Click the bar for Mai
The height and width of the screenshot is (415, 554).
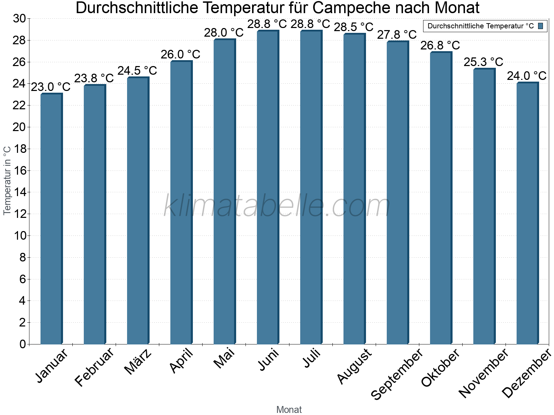coord(224,192)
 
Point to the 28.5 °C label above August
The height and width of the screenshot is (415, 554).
coord(354,27)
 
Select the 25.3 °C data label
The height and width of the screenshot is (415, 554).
coord(483,62)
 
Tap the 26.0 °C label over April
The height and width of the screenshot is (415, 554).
coord(180,54)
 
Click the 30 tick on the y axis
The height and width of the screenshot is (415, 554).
coord(19,19)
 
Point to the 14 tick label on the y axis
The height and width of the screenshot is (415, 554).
coord(19,192)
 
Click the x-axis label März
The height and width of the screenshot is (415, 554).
coord(138,362)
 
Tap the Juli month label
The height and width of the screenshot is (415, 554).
coord(312,358)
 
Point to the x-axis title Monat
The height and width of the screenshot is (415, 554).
coord(289,410)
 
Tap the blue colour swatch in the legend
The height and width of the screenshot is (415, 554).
coord(540,26)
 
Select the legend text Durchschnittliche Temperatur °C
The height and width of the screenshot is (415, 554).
coord(481,26)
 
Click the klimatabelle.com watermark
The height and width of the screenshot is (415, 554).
coord(277,206)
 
